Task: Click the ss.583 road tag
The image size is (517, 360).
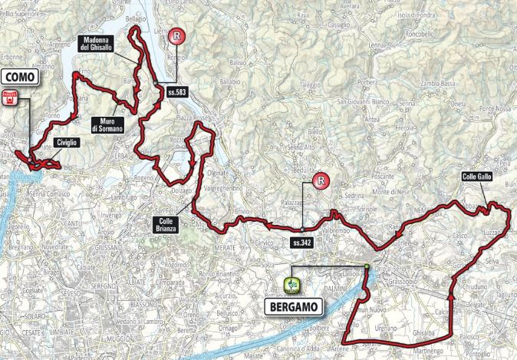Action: [x=175, y=92]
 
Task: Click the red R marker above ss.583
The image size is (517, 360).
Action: [x=176, y=35]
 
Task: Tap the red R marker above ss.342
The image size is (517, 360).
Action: [x=321, y=181]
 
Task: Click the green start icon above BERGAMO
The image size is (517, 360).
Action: [x=291, y=286]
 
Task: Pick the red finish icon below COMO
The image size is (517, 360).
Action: [x=10, y=96]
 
